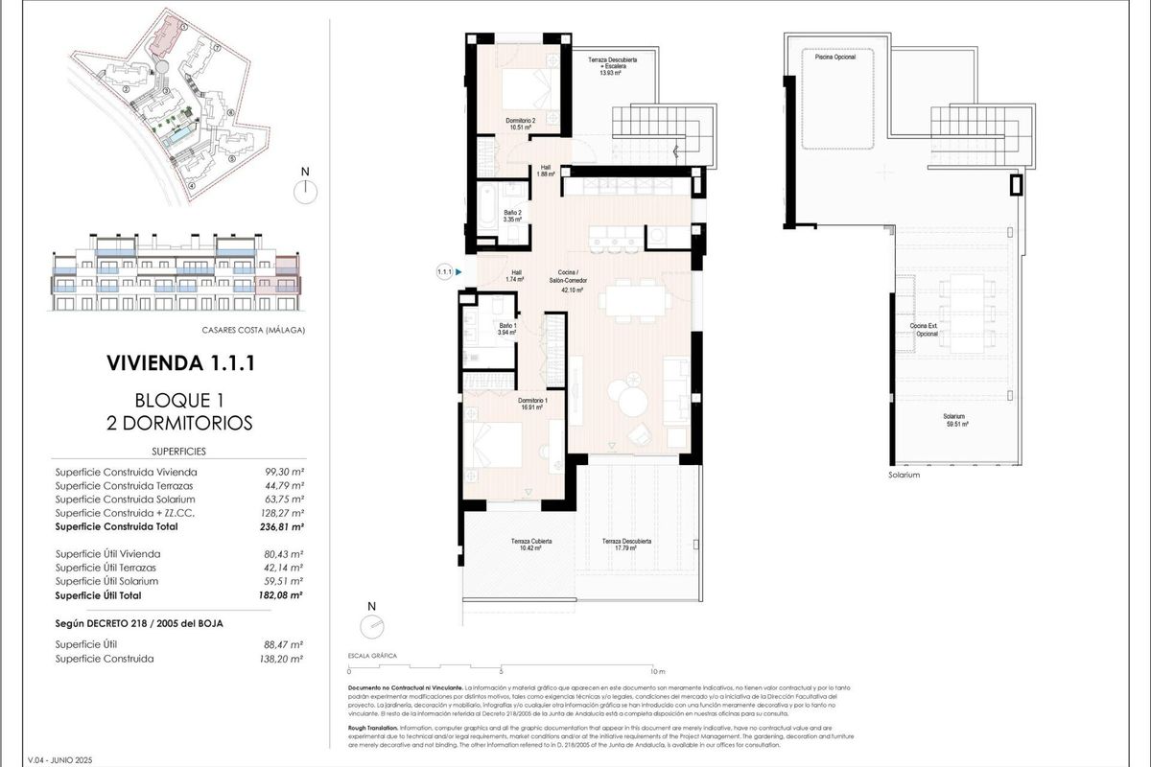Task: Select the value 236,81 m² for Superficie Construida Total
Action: [284, 526]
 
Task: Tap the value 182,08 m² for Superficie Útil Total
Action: [284, 595]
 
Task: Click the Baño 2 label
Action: [512, 216]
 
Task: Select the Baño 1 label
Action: [507, 330]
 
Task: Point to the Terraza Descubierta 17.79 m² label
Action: [626, 545]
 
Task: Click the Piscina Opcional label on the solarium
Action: [834, 58]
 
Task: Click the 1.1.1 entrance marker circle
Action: [444, 272]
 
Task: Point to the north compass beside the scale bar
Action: [371, 623]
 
